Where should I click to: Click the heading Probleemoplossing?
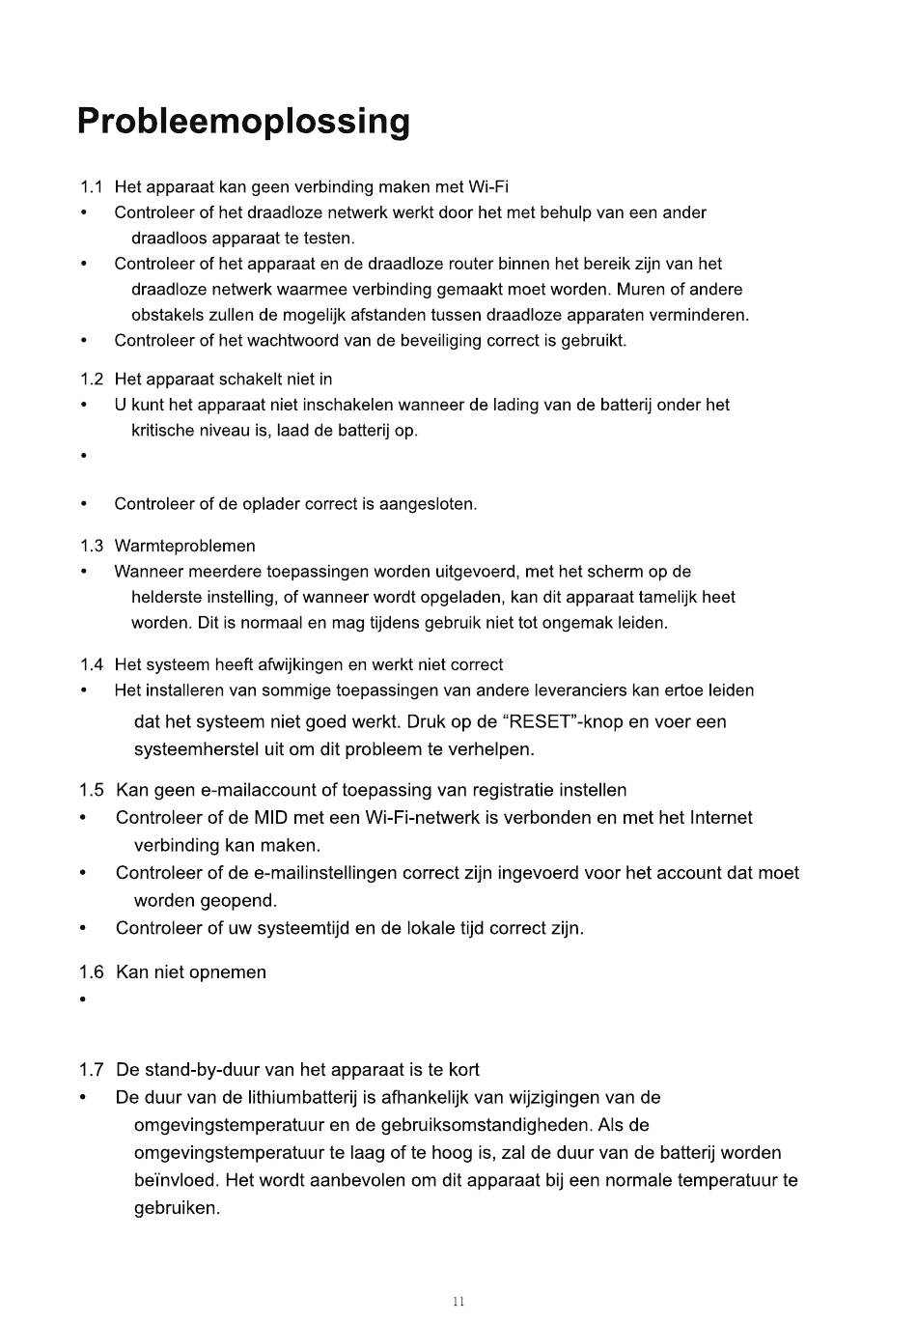click(x=243, y=123)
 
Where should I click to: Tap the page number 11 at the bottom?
click(x=458, y=1302)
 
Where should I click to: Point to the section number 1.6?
click(x=91, y=972)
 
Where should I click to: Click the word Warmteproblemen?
click(x=184, y=547)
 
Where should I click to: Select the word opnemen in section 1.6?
click(x=228, y=972)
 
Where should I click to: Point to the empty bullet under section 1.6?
click(x=83, y=999)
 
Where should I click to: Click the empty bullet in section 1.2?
click(x=83, y=456)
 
